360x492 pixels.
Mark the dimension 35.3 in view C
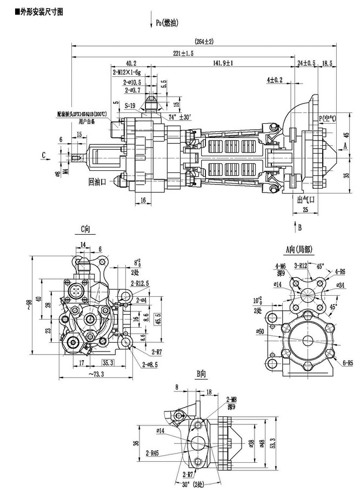pos(108,363)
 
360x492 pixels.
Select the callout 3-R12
pos(301,266)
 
